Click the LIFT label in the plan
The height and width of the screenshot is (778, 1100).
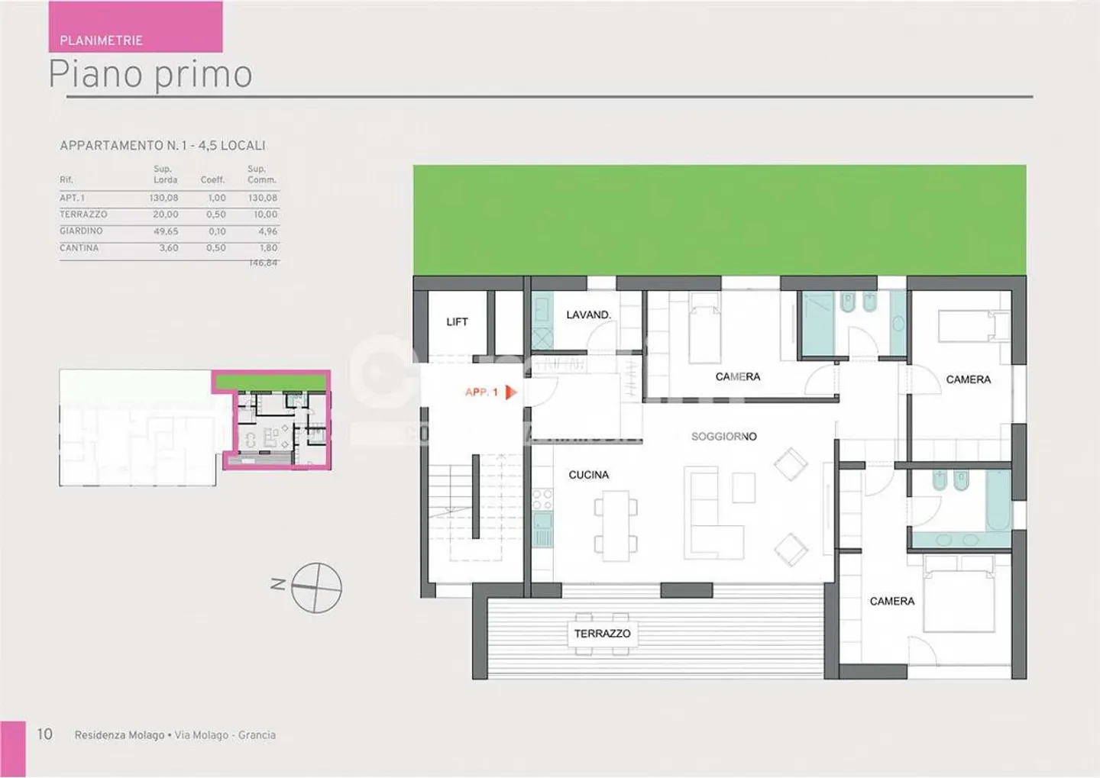point(457,322)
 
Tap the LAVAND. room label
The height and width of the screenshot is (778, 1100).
point(588,315)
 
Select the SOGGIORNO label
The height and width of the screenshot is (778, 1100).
point(723,437)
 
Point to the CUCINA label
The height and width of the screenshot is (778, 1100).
point(588,475)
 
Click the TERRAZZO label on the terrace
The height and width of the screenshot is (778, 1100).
point(602,634)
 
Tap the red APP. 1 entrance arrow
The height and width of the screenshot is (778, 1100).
point(511,392)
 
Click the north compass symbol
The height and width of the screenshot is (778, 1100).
point(316,587)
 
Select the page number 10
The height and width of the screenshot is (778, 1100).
point(45,734)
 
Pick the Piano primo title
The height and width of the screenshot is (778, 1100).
point(150,75)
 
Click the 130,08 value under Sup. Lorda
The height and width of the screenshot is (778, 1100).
point(164,198)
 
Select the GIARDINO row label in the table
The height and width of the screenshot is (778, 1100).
point(81,231)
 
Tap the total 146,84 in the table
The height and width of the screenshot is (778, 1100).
point(264,263)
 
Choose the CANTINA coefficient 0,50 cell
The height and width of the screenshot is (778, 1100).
point(216,248)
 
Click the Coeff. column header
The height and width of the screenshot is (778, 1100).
point(212,180)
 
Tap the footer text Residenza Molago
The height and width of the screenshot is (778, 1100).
point(119,735)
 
